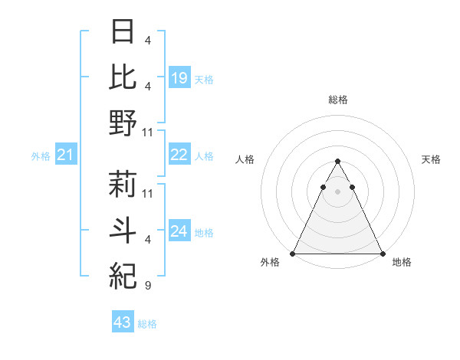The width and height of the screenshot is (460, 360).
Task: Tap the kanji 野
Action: click(x=123, y=123)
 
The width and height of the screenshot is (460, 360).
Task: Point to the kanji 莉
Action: click(x=123, y=184)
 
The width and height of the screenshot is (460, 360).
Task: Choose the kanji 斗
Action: click(x=123, y=229)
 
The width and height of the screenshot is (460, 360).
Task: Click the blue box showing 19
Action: click(x=179, y=77)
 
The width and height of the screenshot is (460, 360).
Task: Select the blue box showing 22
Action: click(x=179, y=155)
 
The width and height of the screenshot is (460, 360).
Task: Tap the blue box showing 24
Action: click(x=179, y=231)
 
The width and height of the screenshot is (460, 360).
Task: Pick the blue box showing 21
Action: click(x=66, y=155)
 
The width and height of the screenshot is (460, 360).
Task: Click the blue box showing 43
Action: click(x=123, y=322)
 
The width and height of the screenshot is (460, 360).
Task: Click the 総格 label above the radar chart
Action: click(x=337, y=100)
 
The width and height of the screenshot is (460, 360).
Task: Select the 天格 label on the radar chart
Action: click(x=432, y=159)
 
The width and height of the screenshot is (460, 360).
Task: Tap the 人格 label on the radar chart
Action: click(x=245, y=159)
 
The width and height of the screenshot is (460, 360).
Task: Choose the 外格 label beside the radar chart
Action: click(x=270, y=262)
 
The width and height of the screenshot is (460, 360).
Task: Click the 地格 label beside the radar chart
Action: click(x=402, y=262)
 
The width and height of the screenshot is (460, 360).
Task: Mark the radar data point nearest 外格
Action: click(x=293, y=254)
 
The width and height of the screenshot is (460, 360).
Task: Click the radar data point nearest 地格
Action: click(x=383, y=254)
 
